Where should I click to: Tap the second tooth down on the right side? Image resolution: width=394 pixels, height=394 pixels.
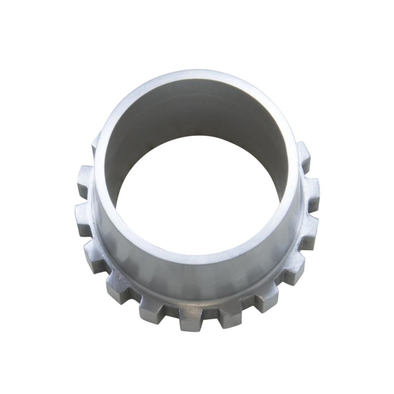tap(311, 187)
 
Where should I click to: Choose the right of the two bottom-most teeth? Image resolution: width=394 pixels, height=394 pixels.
tap(229, 315)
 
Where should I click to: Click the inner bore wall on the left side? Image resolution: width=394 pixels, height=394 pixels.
tap(111, 163)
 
